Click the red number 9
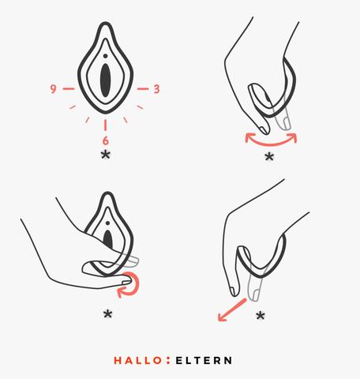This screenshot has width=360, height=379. [x=53, y=88]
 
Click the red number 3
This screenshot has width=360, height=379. [x=156, y=89]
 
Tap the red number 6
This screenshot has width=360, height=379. [x=105, y=141]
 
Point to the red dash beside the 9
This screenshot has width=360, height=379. [x=69, y=88]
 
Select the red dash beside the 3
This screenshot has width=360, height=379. [x=143, y=89]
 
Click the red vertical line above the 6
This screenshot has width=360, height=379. [x=105, y=125]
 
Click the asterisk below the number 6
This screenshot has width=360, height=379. [x=106, y=155]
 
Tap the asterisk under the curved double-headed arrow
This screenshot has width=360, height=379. [x=269, y=156]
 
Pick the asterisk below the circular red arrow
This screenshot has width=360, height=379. [x=107, y=314]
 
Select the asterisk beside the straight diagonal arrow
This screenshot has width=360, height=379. [x=261, y=315]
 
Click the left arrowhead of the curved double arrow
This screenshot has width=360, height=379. [x=249, y=137]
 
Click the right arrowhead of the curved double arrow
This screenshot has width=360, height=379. [x=292, y=137]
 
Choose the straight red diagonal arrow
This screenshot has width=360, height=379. [x=232, y=310]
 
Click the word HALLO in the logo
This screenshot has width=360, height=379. [x=137, y=360]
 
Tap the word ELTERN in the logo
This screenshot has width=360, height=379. [x=204, y=360]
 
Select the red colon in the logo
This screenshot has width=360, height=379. [x=168, y=360]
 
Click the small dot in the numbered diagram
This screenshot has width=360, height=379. [x=105, y=56]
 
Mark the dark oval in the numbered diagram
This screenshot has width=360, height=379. [x=105, y=81]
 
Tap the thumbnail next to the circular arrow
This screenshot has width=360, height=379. [x=126, y=283]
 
